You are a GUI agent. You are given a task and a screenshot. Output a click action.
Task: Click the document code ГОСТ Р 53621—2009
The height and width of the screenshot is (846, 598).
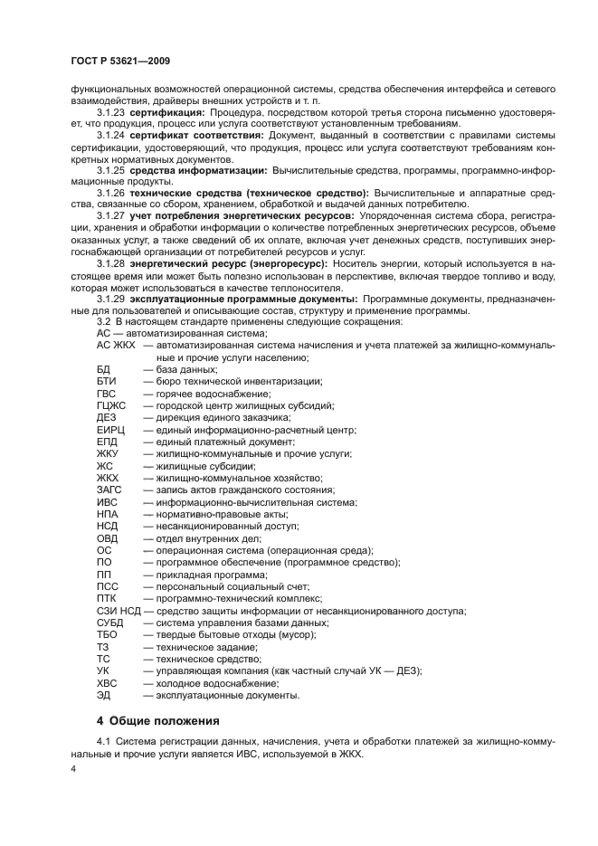120,61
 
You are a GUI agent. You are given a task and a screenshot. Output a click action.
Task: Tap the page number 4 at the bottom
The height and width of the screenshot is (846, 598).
73,767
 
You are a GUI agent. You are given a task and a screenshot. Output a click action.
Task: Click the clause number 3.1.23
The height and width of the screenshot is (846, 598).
110,112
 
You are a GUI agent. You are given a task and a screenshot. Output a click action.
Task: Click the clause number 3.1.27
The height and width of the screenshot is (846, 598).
110,217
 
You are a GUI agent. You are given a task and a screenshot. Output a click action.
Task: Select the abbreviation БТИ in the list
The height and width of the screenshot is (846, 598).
106,382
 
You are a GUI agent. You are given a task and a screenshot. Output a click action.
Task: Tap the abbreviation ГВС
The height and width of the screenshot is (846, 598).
107,394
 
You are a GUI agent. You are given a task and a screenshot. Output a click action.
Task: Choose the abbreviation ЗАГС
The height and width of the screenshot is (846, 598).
109,490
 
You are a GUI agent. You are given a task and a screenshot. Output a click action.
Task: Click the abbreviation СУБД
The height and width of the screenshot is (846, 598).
110,623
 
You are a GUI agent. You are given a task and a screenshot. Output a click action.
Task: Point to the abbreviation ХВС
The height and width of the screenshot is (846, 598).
108,683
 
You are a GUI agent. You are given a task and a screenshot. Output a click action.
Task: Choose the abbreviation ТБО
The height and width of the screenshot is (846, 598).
107,635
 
